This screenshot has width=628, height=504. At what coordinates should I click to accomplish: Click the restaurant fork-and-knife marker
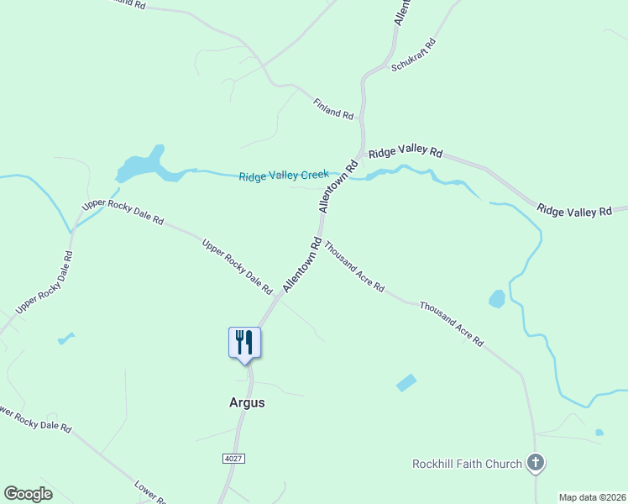[244, 343]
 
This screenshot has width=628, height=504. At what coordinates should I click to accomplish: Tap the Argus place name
[247, 402]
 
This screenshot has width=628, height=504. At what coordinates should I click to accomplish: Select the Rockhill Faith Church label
[467, 464]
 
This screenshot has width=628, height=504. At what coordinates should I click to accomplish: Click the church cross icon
[536, 462]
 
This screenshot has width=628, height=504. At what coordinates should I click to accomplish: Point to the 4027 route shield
[234, 458]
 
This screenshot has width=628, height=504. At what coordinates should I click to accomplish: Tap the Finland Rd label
[333, 108]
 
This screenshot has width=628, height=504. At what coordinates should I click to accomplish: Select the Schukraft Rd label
[413, 55]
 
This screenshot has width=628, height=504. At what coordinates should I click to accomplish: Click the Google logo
[28, 493]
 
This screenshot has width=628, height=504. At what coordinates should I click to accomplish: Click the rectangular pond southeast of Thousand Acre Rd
[406, 382]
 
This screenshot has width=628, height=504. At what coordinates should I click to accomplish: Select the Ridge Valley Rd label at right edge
[575, 211]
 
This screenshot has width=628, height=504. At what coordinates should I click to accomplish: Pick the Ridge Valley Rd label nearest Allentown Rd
[406, 152]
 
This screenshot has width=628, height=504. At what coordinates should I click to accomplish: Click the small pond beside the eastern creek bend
[497, 298]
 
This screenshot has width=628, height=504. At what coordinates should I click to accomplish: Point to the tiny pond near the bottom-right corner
[599, 433]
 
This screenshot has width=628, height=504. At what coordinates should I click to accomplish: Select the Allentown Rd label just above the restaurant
[302, 264]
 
